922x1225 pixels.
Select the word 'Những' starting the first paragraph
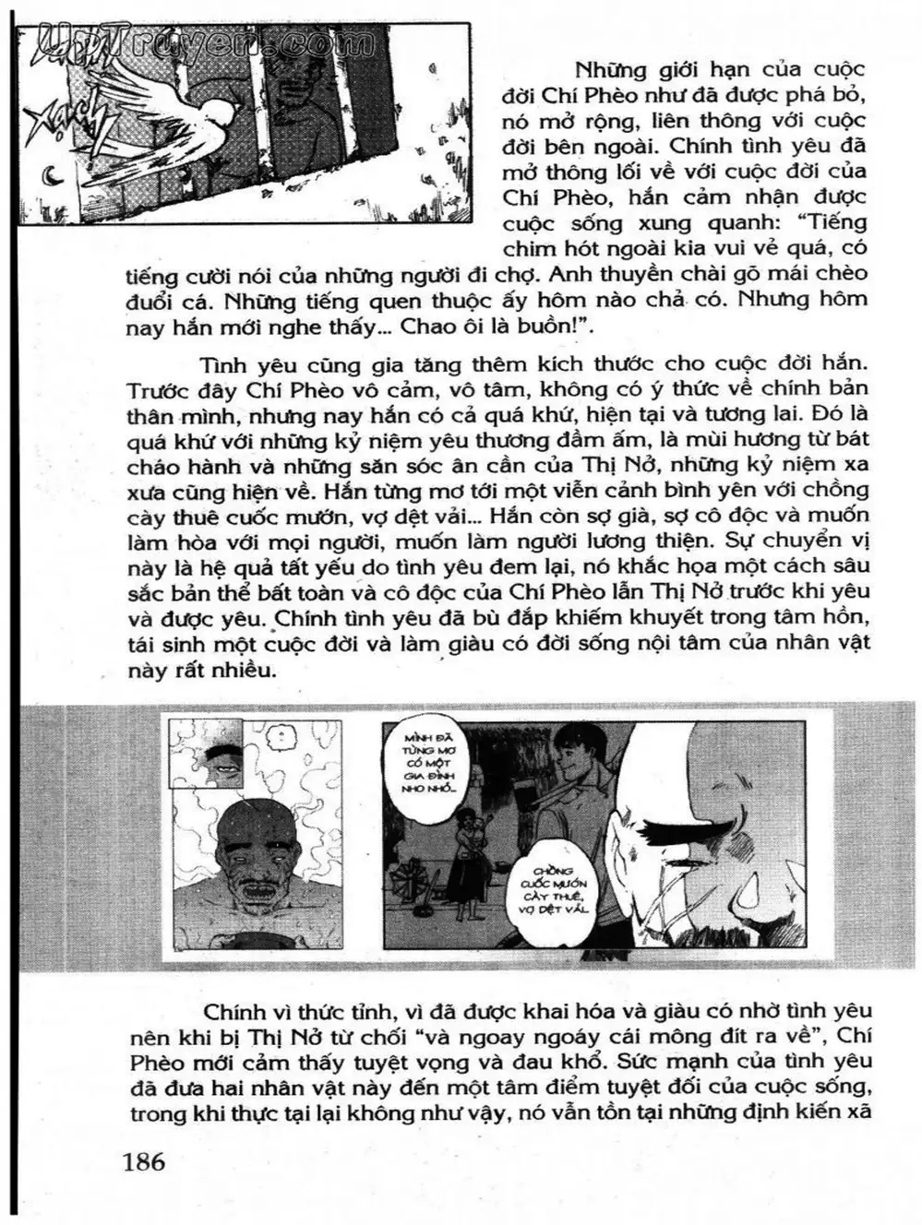[x=607, y=71]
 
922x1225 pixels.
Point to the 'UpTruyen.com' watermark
[x=194, y=42]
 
